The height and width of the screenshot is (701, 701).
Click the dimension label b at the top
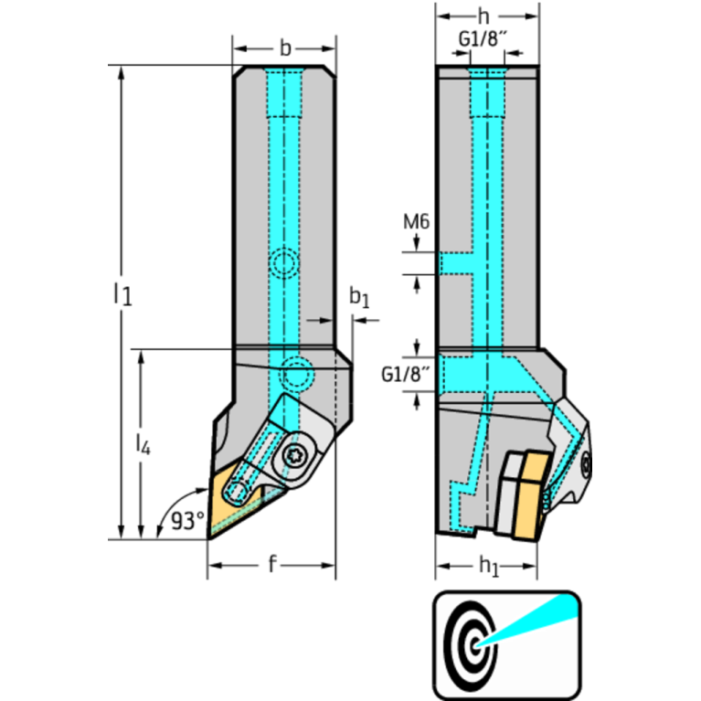coord(285,48)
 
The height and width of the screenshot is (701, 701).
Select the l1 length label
coord(122,293)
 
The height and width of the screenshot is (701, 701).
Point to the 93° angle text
coord(187,521)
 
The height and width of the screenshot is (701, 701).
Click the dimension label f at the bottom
coord(271,565)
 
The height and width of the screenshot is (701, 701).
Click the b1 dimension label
coord(360,298)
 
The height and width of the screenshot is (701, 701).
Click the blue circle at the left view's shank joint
coord(297,374)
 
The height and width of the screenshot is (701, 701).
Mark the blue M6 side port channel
coord(457,263)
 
